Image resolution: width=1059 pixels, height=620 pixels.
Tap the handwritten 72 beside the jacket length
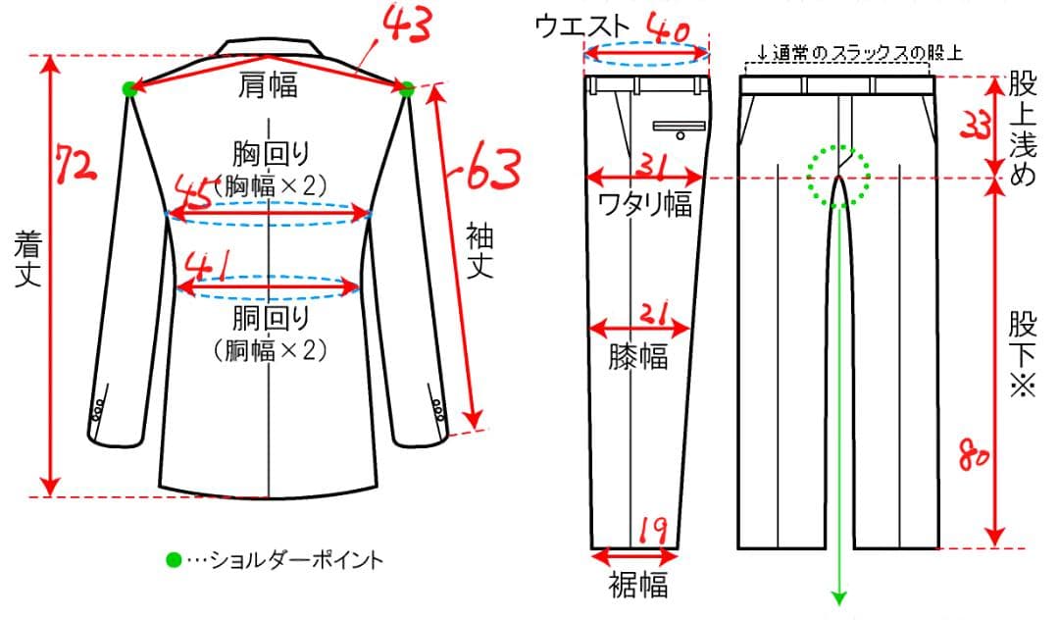coord(75,166)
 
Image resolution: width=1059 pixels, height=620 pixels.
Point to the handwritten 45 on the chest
coord(191,190)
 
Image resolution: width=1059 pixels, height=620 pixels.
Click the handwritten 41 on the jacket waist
coord(208,265)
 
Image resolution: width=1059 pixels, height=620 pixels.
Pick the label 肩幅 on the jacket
coord(268,86)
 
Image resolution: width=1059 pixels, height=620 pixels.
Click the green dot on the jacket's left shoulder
coord(129,89)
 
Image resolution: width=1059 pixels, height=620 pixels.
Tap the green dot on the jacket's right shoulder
coord(408,89)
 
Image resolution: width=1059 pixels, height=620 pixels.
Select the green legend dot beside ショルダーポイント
coord(174,560)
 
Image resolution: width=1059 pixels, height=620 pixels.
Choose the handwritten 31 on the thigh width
coord(649,165)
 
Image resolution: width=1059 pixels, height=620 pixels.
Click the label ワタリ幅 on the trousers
coord(644,204)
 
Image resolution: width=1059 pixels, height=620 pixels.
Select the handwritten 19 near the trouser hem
coord(652,531)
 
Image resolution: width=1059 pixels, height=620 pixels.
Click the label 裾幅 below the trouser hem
coord(638,587)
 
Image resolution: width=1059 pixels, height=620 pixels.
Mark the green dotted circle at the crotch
coord(838,177)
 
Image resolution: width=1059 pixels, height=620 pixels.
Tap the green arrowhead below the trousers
coord(839,597)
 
